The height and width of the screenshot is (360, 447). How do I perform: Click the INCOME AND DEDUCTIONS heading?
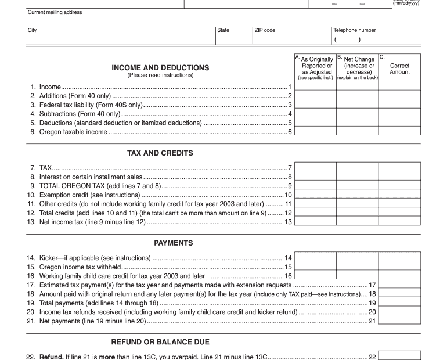(x=160, y=67)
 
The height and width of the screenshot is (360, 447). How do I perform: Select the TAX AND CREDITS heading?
(x=160, y=153)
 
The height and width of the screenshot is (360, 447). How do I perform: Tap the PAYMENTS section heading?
(x=173, y=243)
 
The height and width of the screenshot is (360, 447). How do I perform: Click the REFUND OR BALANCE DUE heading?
(x=160, y=342)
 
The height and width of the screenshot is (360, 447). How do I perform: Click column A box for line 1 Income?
(x=316, y=87)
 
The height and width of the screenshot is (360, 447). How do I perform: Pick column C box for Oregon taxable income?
(x=399, y=132)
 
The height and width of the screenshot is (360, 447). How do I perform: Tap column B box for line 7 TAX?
(x=358, y=167)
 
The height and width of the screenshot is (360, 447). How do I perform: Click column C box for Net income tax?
(x=399, y=222)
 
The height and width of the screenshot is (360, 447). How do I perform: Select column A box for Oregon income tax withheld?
(x=316, y=267)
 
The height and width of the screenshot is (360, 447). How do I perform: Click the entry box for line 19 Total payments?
(x=399, y=303)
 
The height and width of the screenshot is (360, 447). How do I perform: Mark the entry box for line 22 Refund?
(x=399, y=356)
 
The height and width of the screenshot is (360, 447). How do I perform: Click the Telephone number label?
(x=354, y=30)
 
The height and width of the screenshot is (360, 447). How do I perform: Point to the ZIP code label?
(x=265, y=30)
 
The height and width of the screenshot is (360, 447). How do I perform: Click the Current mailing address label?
(x=55, y=12)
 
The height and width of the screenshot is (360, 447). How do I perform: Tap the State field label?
(x=223, y=30)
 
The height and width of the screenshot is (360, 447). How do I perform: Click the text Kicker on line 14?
(x=48, y=258)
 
